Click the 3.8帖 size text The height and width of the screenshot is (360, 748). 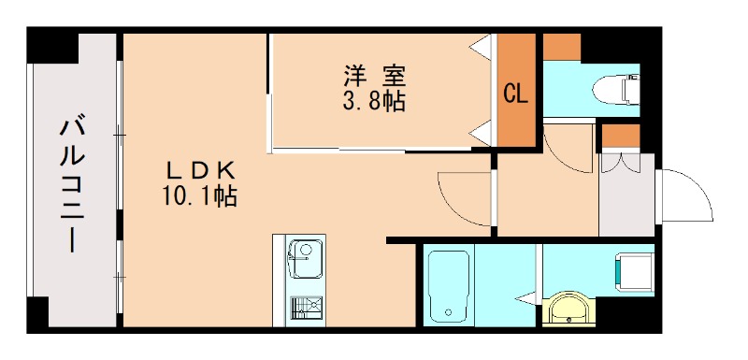point(374,102)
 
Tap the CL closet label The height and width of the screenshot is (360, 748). point(515,94)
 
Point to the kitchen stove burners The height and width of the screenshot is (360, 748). point(304,306)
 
